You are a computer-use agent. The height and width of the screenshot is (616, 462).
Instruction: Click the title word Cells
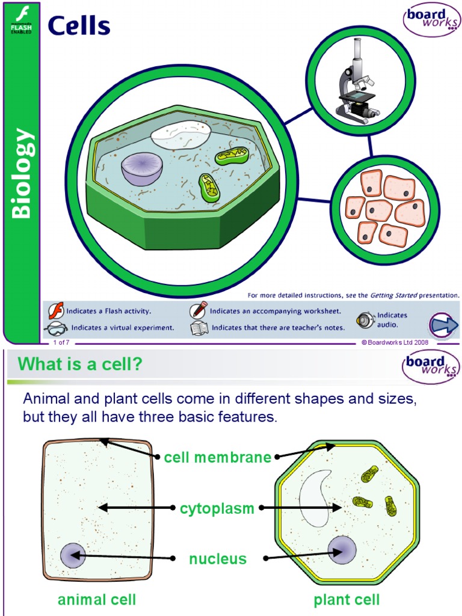tap(79, 26)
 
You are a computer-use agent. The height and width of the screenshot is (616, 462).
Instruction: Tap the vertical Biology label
tap(21, 173)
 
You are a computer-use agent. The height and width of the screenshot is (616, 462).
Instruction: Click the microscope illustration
tap(357, 82)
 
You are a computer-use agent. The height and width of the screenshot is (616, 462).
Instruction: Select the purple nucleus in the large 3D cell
tap(142, 168)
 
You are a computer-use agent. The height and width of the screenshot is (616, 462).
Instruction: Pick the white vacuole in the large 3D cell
tap(180, 135)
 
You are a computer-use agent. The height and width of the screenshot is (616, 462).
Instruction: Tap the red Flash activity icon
tap(56, 311)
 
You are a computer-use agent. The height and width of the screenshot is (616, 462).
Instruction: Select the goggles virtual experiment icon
tap(57, 328)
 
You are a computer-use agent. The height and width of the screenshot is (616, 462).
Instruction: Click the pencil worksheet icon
tap(199, 310)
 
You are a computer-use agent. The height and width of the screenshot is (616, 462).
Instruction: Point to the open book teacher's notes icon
tap(199, 328)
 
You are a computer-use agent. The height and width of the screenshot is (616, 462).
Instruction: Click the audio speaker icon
tap(365, 320)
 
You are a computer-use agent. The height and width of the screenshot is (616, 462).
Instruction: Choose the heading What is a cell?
tap(81, 364)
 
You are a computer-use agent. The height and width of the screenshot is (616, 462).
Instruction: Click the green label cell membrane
tap(218, 457)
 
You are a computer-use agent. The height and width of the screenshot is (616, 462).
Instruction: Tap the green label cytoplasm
tap(217, 509)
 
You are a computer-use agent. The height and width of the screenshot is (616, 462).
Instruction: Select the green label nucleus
tap(218, 559)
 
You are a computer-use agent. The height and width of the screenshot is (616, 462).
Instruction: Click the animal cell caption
tap(97, 600)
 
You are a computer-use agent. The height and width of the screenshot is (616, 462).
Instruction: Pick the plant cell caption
tap(346, 600)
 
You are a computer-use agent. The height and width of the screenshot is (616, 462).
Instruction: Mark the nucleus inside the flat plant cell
tap(342, 550)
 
